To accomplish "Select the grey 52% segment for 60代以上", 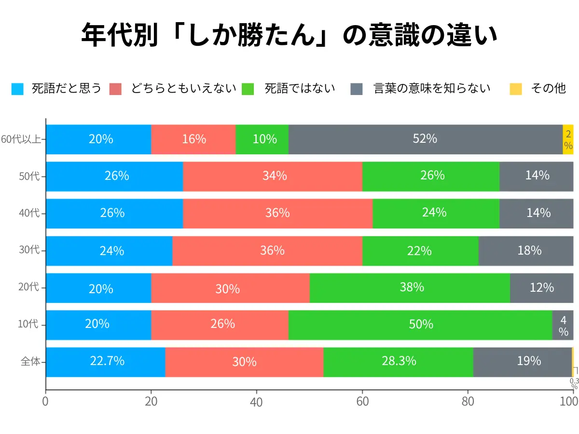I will (425, 139).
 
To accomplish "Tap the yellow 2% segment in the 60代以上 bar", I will (568, 139).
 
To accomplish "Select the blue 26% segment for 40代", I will (114, 214).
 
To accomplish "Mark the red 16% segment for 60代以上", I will (193, 139).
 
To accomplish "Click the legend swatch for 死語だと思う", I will (17, 89).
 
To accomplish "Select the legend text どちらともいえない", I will (184, 89).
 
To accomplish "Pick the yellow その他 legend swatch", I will (516, 89).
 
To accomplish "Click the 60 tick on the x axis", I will (362, 402).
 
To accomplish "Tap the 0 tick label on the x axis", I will (46, 402).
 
